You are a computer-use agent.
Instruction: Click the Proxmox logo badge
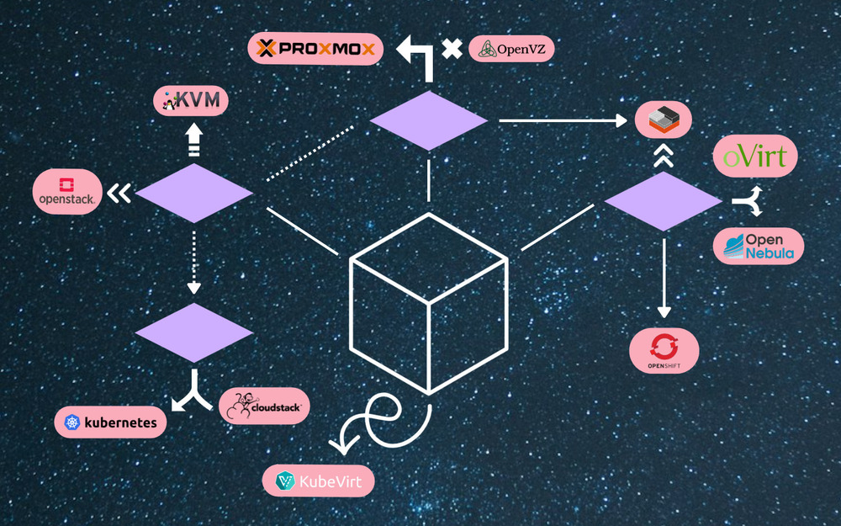point(315,48)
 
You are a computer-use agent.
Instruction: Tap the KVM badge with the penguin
point(191,101)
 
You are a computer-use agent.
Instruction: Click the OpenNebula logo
point(759,246)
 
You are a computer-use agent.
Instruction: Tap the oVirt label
point(755,156)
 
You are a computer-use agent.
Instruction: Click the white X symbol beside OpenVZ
point(452,48)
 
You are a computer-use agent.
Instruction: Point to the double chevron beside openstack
point(119,194)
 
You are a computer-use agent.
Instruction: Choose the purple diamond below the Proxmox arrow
point(429,121)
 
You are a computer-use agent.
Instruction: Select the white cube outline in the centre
point(428,304)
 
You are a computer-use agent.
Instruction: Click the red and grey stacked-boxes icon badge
point(663,120)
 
